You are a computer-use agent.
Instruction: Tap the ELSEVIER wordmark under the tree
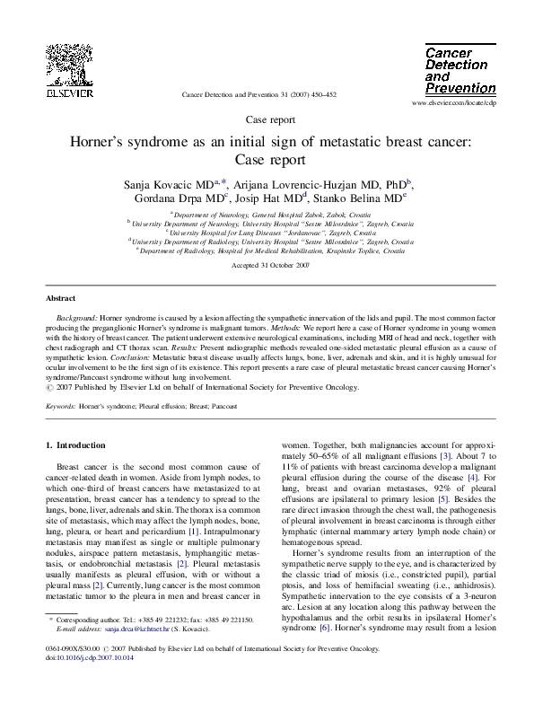[x=69, y=92]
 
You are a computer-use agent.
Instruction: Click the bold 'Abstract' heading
[x=61, y=298]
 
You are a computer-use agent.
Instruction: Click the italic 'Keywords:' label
[x=60, y=407]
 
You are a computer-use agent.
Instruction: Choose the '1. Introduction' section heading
[x=81, y=445]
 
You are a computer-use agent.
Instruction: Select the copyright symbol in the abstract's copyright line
[x=49, y=388]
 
